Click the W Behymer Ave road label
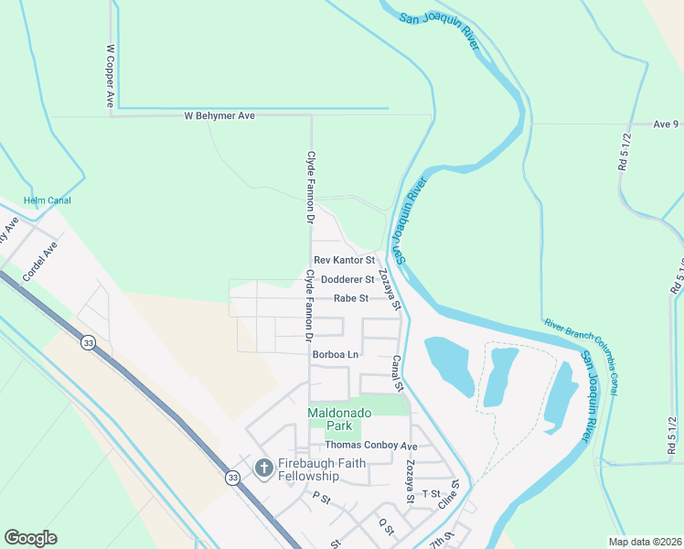pos(219,116)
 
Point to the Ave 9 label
pos(666,124)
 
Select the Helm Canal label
pos(48,200)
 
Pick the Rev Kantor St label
pos(344,261)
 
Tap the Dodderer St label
pos(344,279)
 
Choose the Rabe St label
pos(351,298)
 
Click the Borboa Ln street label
pos(336,354)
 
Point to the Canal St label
pos(397,373)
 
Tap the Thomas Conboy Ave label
pos(365,446)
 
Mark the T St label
pos(432,493)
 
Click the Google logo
pos(31,539)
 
